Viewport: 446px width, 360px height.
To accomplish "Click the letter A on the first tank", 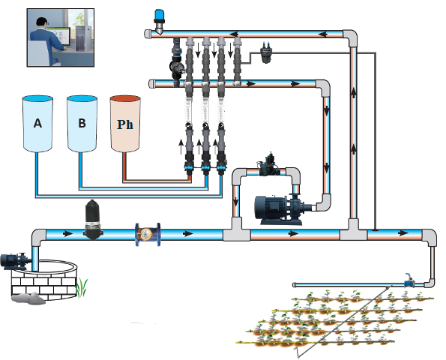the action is (x=37, y=123).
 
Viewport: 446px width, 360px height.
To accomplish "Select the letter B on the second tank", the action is (x=82, y=123).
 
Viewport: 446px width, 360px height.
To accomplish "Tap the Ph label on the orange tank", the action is (x=125, y=124).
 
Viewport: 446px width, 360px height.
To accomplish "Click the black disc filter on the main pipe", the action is (x=93, y=220).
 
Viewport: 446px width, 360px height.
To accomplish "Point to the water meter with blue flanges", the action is (x=148, y=234).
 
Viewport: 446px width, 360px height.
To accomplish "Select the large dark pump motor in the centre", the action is (x=280, y=208).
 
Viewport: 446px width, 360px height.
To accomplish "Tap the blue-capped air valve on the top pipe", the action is (x=160, y=20).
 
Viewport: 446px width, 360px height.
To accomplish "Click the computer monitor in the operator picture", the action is (x=60, y=36).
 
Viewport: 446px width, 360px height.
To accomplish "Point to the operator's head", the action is (x=42, y=23).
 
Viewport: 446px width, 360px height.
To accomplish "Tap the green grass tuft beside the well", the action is (x=82, y=288).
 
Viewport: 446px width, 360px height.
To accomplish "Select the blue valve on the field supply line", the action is (x=409, y=282).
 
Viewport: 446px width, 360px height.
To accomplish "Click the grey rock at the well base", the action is (x=28, y=298).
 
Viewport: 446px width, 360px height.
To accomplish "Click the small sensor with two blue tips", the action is (x=266, y=52).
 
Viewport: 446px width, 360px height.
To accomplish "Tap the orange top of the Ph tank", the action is (x=125, y=99).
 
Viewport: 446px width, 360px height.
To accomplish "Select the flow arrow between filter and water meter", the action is (x=67, y=234).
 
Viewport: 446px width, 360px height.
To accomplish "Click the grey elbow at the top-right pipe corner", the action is (x=351, y=37).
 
